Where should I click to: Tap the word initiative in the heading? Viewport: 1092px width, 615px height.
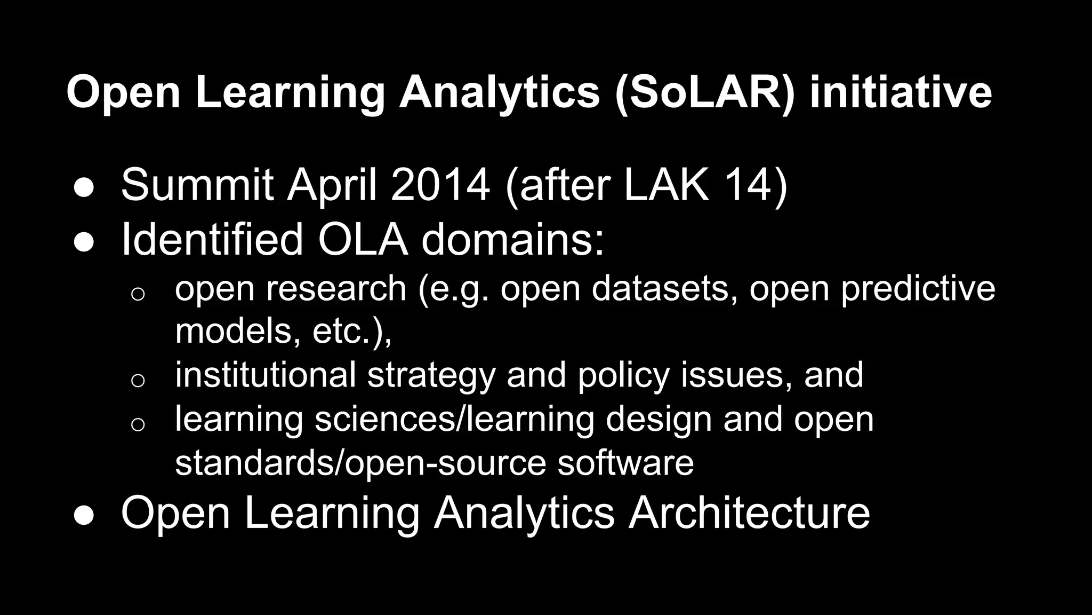pos(901,92)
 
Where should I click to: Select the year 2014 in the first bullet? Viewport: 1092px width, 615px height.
pos(440,185)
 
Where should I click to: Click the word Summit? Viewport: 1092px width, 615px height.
pos(197,185)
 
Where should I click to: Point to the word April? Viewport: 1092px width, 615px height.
pos(333,185)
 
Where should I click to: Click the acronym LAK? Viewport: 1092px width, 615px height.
pos(667,185)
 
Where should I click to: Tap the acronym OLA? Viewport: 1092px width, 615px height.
pos(363,240)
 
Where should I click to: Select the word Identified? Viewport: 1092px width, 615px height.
pos(212,240)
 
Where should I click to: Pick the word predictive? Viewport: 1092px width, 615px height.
pos(918,288)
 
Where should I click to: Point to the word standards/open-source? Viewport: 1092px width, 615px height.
pos(360,462)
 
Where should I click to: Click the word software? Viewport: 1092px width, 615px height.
pos(625,462)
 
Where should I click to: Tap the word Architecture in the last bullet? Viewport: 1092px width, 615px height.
pos(749,512)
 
